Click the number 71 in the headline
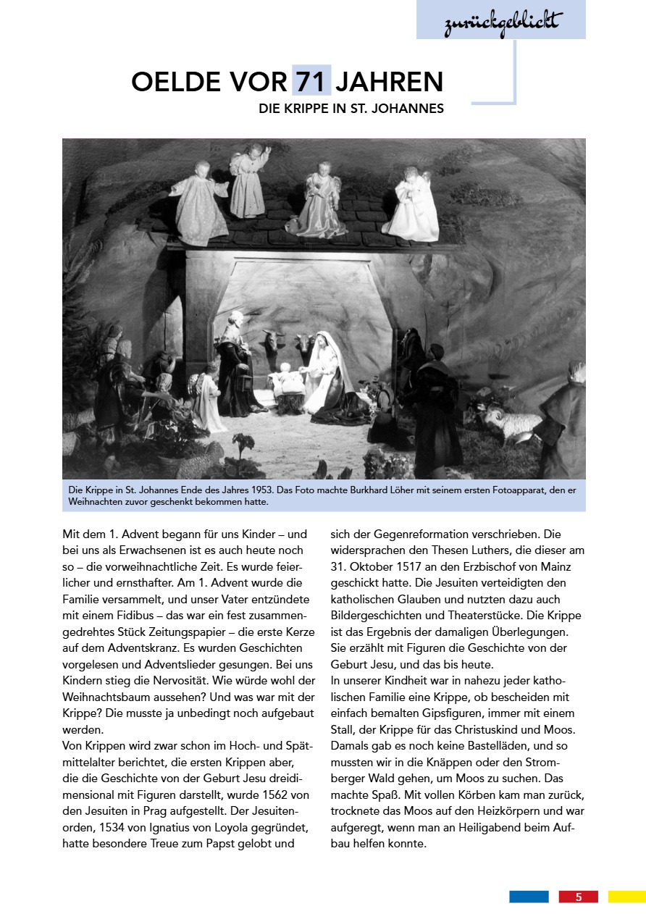click(x=312, y=81)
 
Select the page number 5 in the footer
click(x=578, y=897)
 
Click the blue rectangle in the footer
click(x=529, y=897)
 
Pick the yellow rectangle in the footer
click(x=626, y=897)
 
